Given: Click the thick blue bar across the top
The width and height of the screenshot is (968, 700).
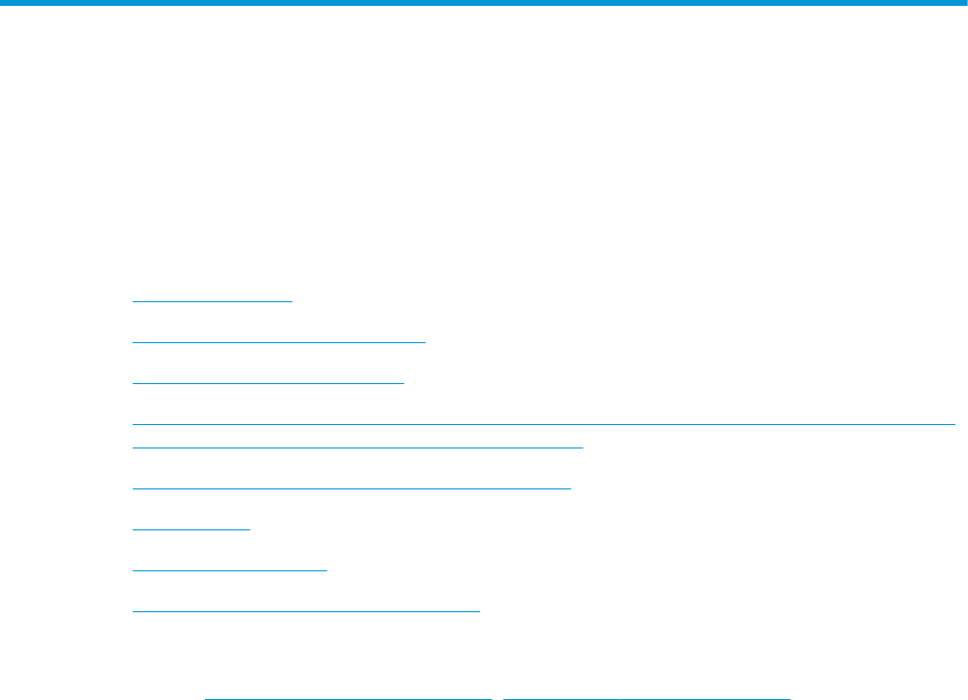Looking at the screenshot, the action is tap(484, 4).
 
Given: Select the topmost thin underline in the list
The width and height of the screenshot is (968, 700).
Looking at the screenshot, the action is tap(213, 301).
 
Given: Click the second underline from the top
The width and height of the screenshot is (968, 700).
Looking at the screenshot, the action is tap(279, 342).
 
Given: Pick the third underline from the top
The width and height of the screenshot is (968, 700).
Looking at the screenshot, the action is tap(267, 383).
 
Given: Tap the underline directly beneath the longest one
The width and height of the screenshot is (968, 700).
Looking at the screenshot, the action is tap(357, 447).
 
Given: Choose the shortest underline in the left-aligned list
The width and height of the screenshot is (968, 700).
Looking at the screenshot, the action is tap(191, 528).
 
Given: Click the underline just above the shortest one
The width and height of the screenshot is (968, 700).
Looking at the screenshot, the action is tap(351, 486).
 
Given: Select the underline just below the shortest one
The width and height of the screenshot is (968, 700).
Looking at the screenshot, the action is tap(229, 569).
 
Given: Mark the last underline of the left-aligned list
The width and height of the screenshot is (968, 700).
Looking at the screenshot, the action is tap(306, 610).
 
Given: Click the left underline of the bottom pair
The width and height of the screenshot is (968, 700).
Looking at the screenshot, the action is tap(347, 698).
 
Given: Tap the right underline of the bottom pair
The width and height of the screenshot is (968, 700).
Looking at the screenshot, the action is tap(646, 698).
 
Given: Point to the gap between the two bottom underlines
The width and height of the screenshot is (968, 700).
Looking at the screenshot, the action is tap(497, 698).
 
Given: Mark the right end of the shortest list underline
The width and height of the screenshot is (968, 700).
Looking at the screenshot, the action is tap(250, 528).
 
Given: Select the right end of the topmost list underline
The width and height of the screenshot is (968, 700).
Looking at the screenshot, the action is tap(292, 301).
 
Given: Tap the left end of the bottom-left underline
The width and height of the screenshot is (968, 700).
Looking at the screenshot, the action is tap(206, 698).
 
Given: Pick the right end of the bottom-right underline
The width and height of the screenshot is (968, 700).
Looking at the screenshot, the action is tap(788, 698).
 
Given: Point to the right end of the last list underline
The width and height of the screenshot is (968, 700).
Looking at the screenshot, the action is tap(480, 610).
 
